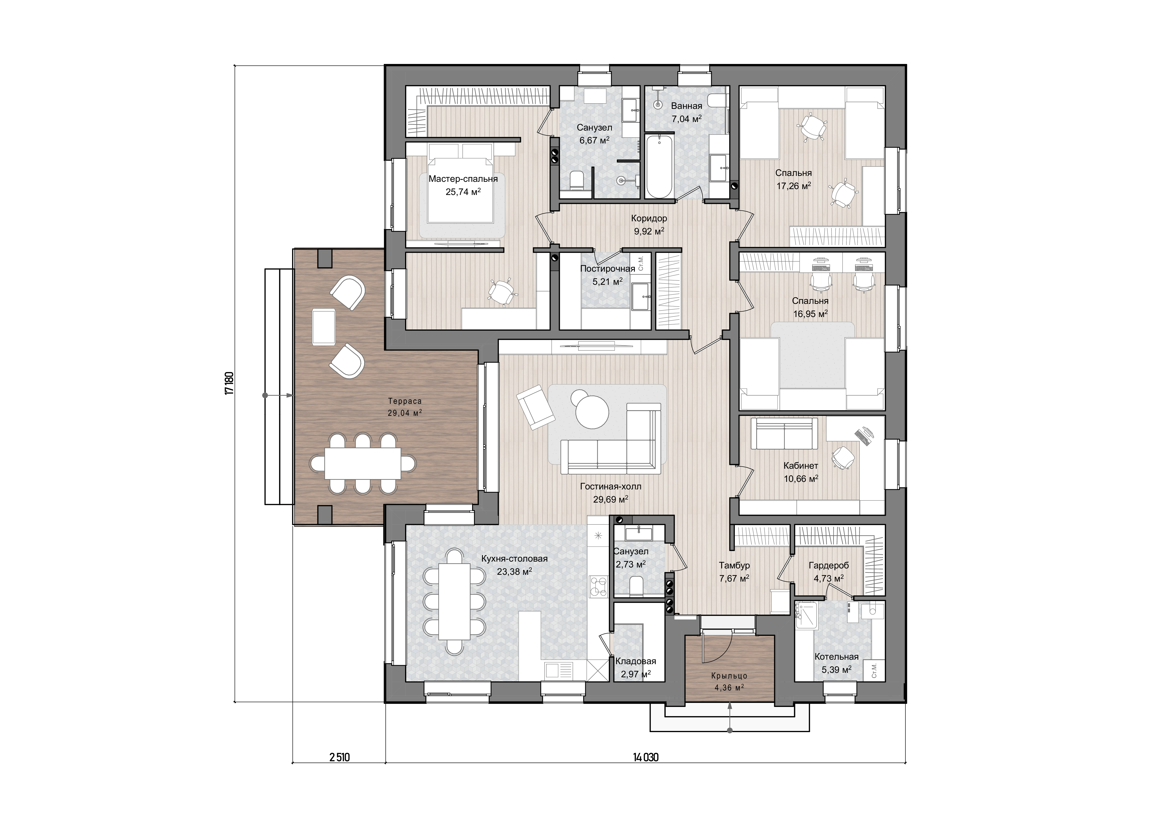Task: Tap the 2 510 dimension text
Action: (x=339, y=772)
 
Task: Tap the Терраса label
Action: (x=405, y=401)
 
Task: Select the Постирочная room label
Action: (x=608, y=269)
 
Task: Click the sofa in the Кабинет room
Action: (x=784, y=433)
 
